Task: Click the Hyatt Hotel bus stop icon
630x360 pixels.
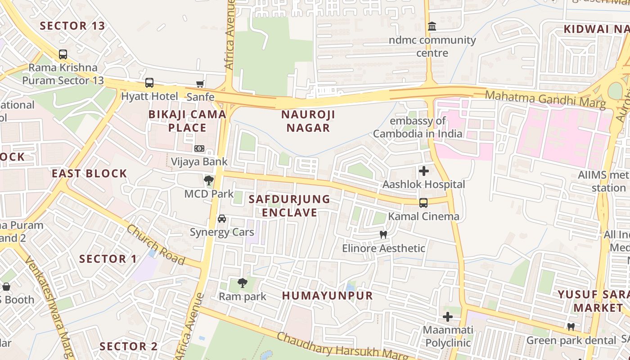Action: (x=149, y=83)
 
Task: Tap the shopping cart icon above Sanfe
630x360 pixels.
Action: (x=200, y=83)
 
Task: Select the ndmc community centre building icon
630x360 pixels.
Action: (x=432, y=27)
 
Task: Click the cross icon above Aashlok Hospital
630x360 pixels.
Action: (x=423, y=171)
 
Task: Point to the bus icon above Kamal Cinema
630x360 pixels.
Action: (x=423, y=202)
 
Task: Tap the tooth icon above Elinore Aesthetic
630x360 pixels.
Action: (x=383, y=234)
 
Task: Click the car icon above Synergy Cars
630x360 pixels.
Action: (x=222, y=219)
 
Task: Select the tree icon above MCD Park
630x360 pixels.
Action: (x=208, y=180)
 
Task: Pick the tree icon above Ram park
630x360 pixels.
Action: (x=243, y=283)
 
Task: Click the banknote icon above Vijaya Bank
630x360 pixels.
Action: (x=199, y=148)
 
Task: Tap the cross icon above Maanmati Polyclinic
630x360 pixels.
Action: (x=447, y=317)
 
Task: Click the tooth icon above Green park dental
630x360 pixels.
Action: (x=571, y=327)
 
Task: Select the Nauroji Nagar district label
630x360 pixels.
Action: (x=308, y=121)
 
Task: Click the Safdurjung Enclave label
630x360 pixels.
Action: (x=289, y=206)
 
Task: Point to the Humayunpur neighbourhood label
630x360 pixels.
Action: (x=328, y=296)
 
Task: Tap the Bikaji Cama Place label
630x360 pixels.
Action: (x=187, y=121)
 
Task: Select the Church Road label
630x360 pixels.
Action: (x=156, y=245)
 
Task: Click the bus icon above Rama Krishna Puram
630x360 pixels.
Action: (x=63, y=54)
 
